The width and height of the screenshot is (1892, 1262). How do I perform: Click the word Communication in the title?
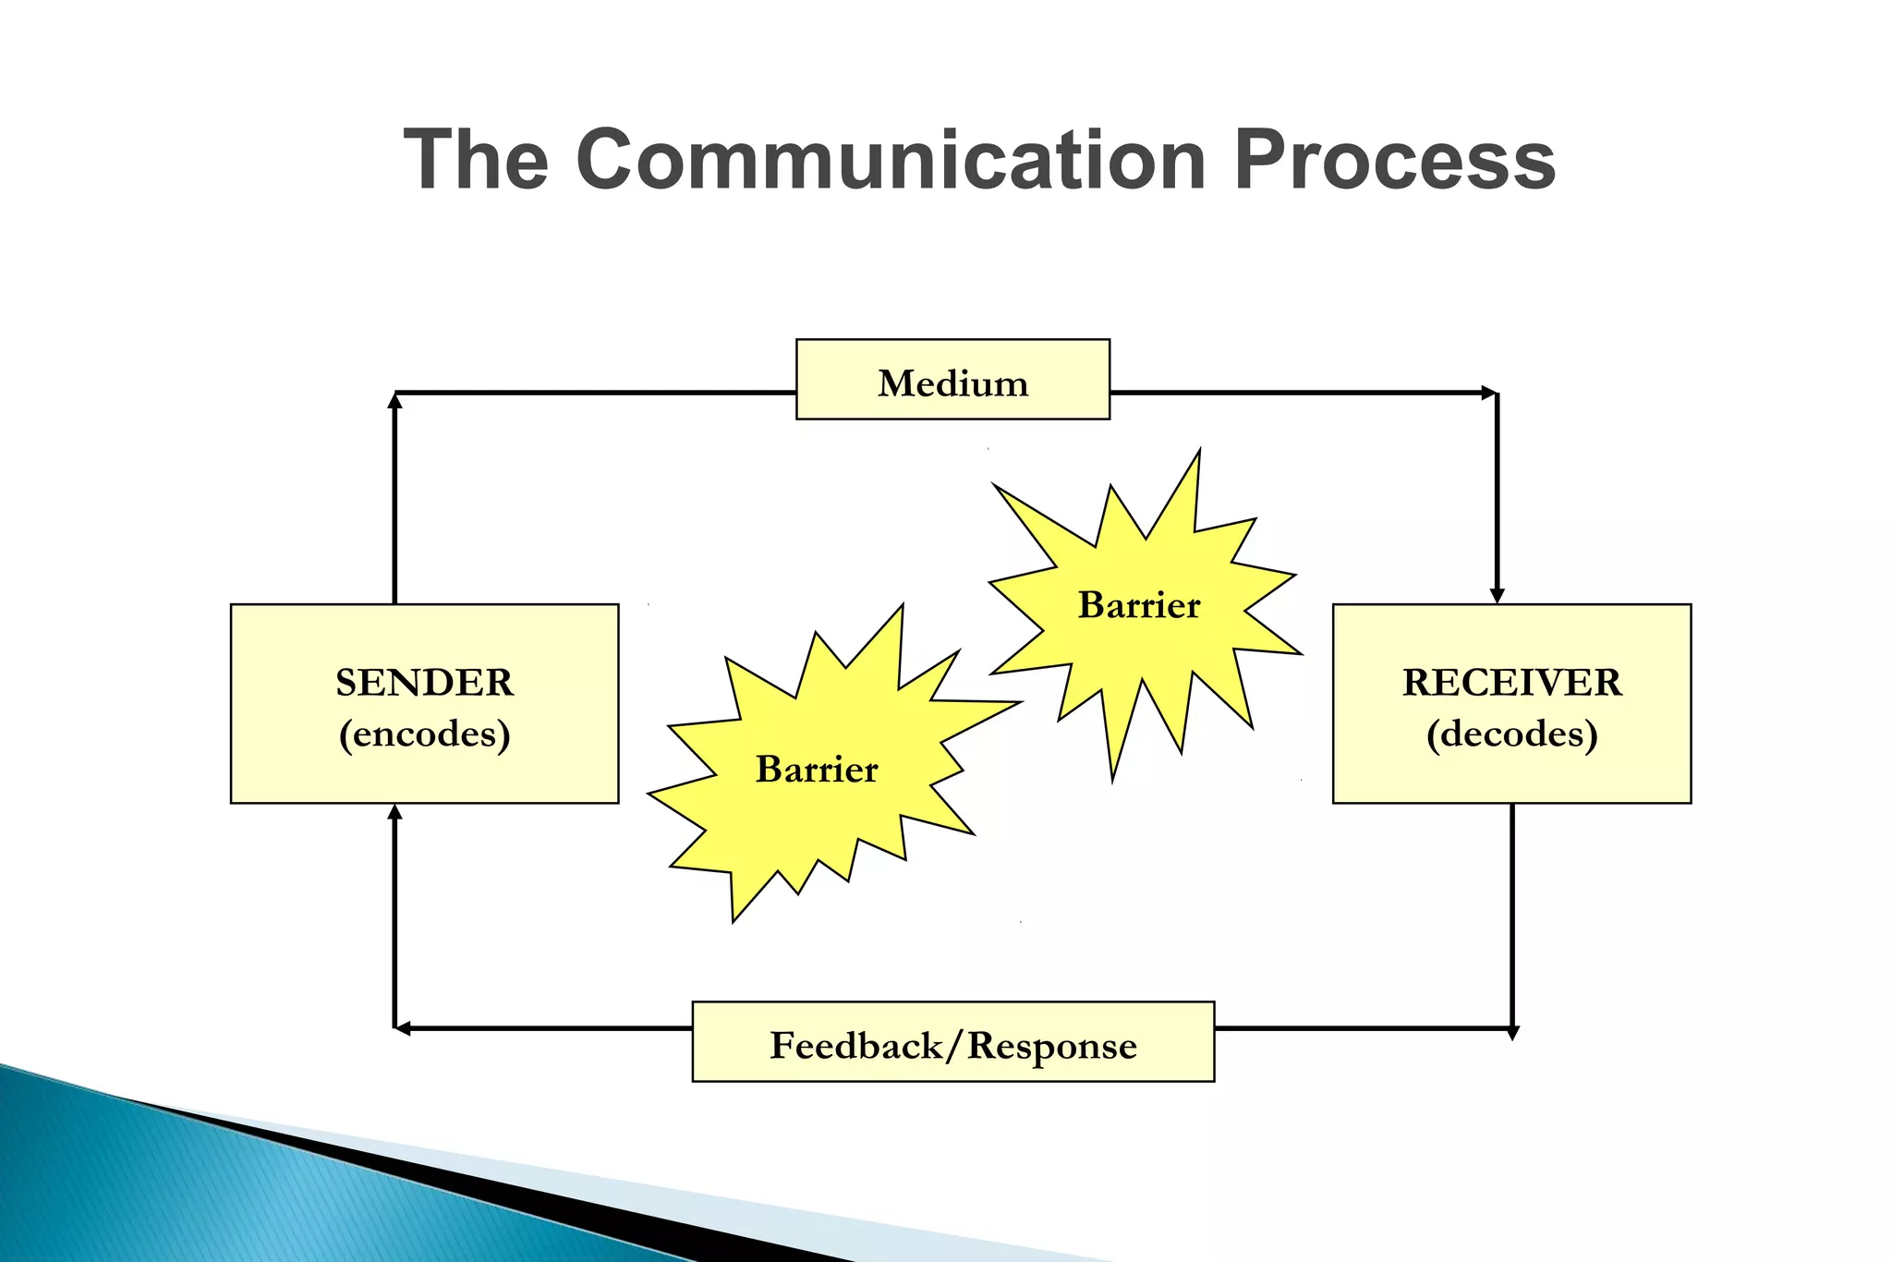tap(891, 160)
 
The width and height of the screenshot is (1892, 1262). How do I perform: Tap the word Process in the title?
tap(1394, 160)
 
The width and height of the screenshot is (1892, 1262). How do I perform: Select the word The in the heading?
tap(477, 160)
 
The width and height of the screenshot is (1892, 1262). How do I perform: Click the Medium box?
tap(952, 380)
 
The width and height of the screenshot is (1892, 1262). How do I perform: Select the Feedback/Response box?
tap(952, 1042)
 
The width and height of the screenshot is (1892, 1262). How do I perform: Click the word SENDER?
tap(424, 683)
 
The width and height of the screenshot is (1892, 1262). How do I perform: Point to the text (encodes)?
tap(424, 734)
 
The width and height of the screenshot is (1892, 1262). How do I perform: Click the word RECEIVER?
tap(1511, 683)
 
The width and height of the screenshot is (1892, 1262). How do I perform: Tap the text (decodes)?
tap(1511, 734)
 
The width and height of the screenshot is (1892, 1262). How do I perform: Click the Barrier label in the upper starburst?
tap(1139, 606)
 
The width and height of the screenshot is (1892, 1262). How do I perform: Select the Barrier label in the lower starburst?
tap(817, 770)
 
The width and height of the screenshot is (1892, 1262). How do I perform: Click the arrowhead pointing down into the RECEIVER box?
tap(1497, 596)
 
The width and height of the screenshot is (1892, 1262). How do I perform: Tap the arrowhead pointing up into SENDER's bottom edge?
tap(394, 812)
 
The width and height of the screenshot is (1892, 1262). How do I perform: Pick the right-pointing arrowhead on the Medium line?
tap(1488, 393)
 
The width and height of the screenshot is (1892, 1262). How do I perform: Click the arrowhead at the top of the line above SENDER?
tap(394, 400)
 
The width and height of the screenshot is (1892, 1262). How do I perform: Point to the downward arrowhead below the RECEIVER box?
tap(1512, 1033)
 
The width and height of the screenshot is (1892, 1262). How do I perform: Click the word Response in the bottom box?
tap(1052, 1046)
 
